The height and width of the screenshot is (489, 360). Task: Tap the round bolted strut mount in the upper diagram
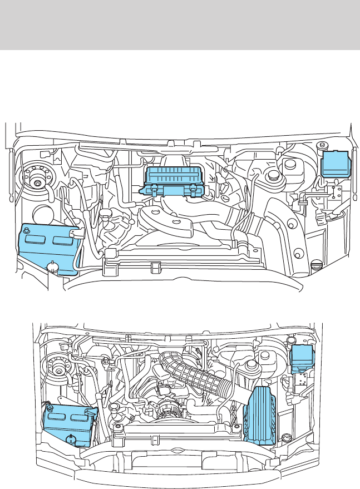point(38,181)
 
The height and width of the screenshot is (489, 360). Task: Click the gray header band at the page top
point(180,24)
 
